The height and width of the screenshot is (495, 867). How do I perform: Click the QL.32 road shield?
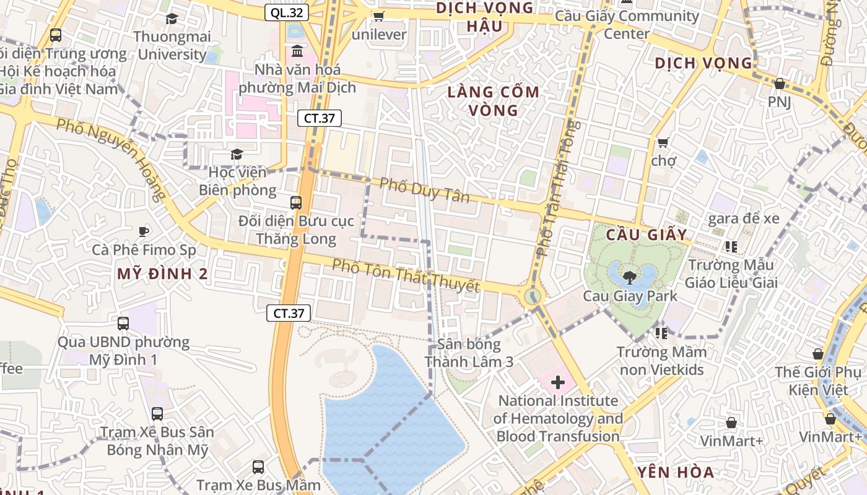[287, 12]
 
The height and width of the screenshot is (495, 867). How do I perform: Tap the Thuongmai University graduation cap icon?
[172, 19]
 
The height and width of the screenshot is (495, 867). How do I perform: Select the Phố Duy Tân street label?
[424, 190]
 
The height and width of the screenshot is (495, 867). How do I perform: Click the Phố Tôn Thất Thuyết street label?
[406, 276]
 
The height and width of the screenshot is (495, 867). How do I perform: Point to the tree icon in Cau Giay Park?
[630, 277]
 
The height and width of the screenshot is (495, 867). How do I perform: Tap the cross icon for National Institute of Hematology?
[557, 382]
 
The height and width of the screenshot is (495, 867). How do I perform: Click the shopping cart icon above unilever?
[378, 16]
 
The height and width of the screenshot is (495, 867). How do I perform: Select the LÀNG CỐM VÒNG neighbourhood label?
[494, 101]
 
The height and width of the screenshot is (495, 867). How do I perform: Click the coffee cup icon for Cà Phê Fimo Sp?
[144, 232]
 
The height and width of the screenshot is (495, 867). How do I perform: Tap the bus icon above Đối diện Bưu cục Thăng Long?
[296, 202]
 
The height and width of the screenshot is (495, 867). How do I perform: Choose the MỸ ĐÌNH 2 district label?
[162, 274]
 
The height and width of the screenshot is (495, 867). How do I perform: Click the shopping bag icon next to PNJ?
[779, 84]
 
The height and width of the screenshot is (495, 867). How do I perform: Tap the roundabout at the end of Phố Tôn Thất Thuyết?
[533, 296]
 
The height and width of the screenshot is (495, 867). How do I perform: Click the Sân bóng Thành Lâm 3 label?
[469, 353]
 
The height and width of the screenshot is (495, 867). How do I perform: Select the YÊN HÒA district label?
[676, 473]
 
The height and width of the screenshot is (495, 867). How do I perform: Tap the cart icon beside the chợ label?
[663, 143]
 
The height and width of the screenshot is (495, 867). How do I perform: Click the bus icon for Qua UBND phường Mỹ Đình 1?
[123, 323]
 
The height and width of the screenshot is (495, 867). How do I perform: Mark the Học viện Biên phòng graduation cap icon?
[237, 153]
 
